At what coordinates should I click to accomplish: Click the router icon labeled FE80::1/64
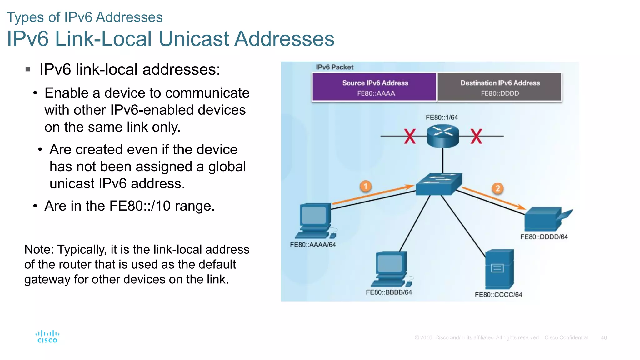pyautogui.click(x=442, y=136)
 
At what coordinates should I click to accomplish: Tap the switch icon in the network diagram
pyautogui.click(x=438, y=184)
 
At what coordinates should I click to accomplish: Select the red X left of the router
pyautogui.click(x=410, y=137)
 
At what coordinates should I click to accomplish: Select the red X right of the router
pyautogui.click(x=476, y=137)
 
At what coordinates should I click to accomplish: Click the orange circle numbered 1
pyautogui.click(x=365, y=186)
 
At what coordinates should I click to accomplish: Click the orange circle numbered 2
pyautogui.click(x=497, y=188)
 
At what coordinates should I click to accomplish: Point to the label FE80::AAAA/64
pyautogui.click(x=313, y=245)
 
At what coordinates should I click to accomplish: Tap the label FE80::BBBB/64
pyautogui.click(x=389, y=292)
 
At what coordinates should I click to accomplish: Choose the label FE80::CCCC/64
pyautogui.click(x=498, y=295)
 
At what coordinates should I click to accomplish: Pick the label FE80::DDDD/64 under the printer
pyautogui.click(x=544, y=237)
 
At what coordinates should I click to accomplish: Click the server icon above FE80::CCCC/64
pyautogui.click(x=499, y=269)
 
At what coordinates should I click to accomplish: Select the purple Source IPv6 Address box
pyautogui.click(x=375, y=87)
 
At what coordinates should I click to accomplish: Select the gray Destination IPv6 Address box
pyautogui.click(x=500, y=87)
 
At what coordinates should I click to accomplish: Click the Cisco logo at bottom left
pyautogui.click(x=47, y=337)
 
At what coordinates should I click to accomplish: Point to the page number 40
pyautogui.click(x=604, y=338)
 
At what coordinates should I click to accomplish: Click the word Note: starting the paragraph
pyautogui.click(x=39, y=250)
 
